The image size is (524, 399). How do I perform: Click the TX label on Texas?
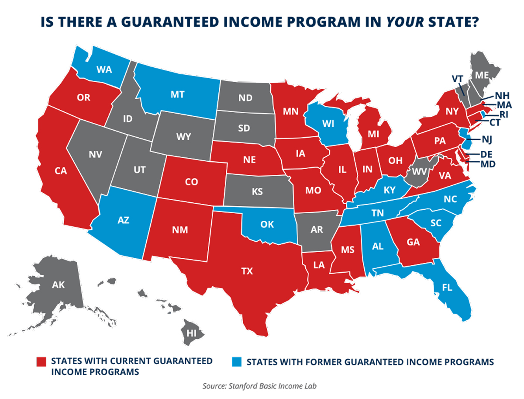[x=247, y=271]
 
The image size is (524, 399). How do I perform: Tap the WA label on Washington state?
[x=103, y=69]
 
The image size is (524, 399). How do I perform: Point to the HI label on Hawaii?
[x=191, y=333]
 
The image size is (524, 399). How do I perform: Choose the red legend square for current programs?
[x=41, y=362]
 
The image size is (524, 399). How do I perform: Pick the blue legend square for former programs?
[x=236, y=362]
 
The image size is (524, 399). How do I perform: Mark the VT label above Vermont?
[x=457, y=79]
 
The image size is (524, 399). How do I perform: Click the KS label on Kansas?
[x=258, y=192]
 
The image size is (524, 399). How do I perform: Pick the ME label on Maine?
[x=482, y=75]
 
